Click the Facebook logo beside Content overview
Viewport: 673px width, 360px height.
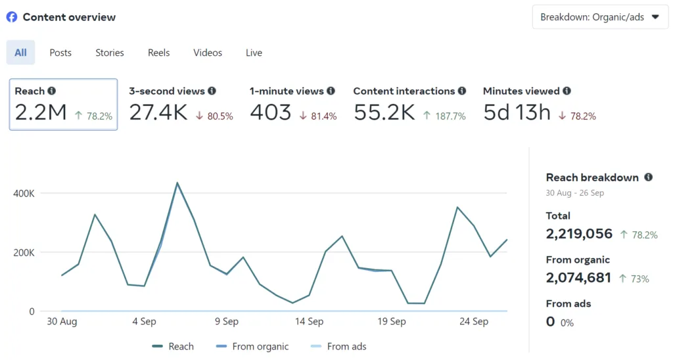[12, 17]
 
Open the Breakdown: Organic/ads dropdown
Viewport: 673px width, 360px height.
[599, 17]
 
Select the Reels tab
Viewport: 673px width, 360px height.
[158, 53]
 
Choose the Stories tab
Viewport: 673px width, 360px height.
[110, 53]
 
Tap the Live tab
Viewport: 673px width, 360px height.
[254, 53]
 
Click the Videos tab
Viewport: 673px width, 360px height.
[208, 53]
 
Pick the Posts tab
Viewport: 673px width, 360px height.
[60, 53]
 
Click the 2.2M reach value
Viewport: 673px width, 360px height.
[41, 112]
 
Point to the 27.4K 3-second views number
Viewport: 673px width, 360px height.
[158, 112]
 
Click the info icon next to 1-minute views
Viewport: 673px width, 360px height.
[331, 91]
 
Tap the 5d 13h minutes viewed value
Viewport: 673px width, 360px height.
[517, 112]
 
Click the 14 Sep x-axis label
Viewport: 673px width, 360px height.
[309, 322]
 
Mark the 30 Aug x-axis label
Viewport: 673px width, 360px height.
[62, 322]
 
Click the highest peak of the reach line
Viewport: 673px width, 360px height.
[177, 183]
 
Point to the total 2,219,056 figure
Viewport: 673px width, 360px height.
[579, 234]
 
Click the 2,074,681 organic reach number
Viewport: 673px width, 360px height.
[579, 278]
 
